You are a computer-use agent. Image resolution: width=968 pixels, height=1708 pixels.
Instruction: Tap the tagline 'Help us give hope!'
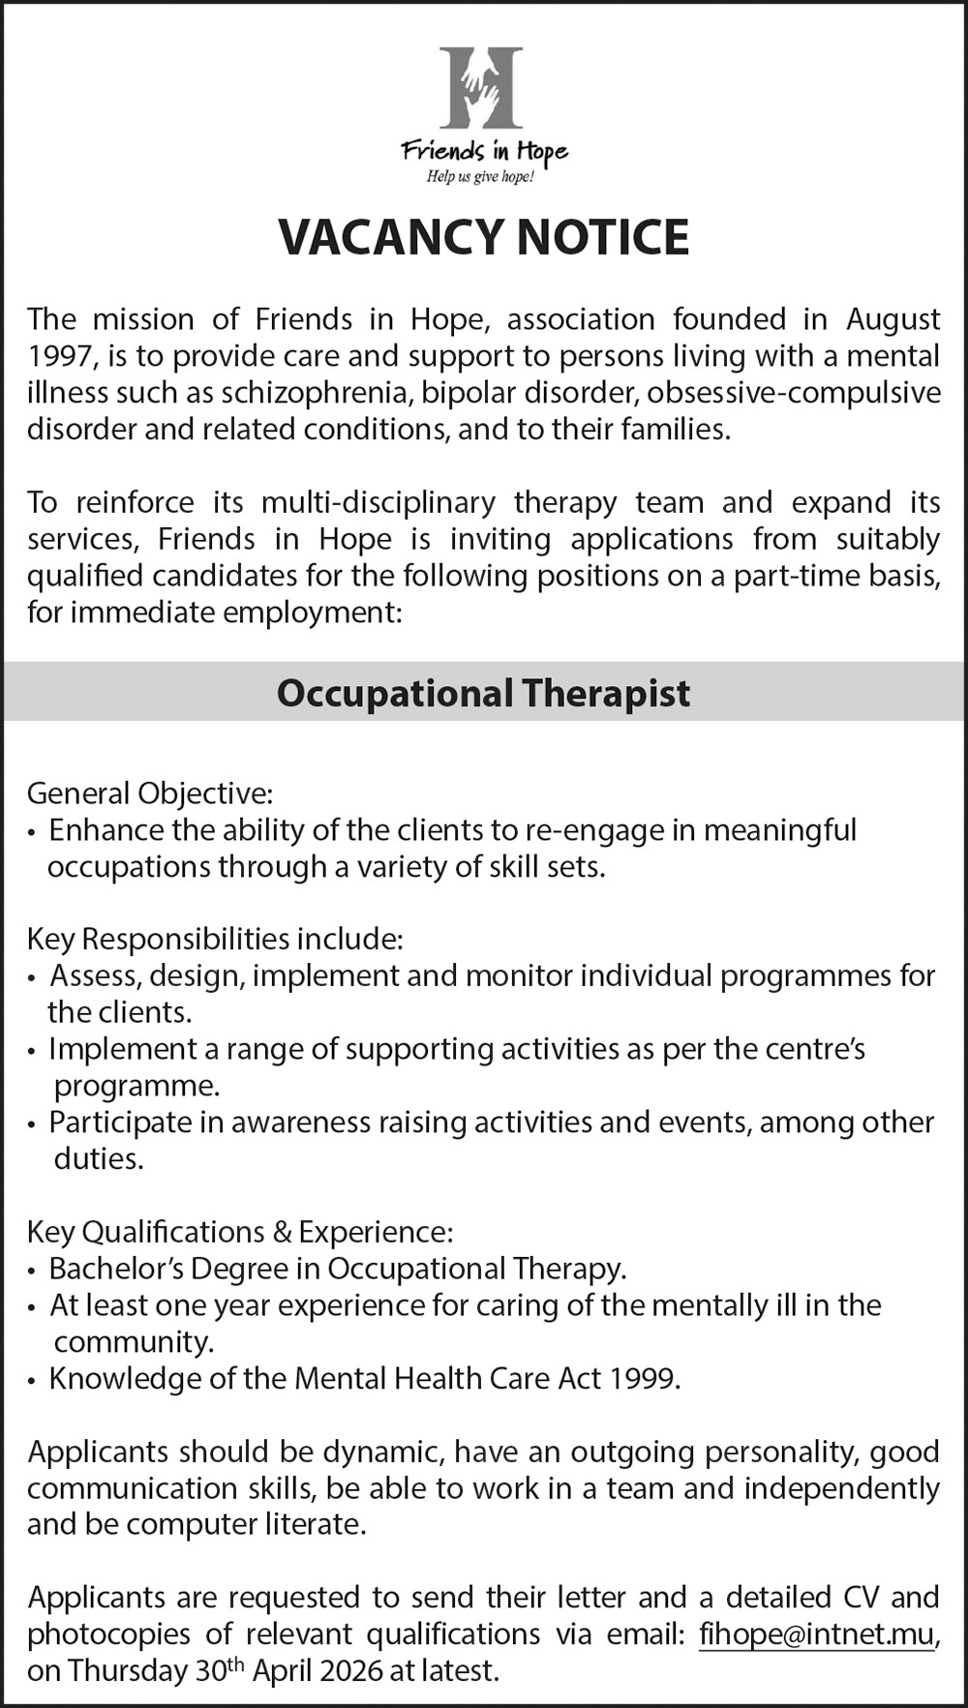click(481, 177)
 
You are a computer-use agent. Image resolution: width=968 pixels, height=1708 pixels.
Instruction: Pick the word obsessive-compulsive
click(794, 393)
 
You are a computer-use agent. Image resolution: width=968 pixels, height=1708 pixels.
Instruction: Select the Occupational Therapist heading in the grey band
click(483, 693)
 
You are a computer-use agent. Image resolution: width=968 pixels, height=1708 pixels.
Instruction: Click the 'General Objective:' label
click(150, 794)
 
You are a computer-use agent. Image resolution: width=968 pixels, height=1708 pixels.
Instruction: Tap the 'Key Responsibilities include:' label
click(214, 939)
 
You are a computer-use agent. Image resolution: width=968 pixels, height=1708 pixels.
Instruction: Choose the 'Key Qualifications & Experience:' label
click(239, 1232)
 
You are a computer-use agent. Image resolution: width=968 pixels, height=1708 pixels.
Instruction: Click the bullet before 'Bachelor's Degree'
click(34, 1271)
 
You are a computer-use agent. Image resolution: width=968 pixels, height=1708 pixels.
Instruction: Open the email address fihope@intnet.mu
click(817, 1634)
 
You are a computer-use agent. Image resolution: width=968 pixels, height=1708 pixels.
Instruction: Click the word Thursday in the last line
click(129, 1671)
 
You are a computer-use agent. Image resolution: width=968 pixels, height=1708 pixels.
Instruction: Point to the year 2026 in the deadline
click(366, 1671)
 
